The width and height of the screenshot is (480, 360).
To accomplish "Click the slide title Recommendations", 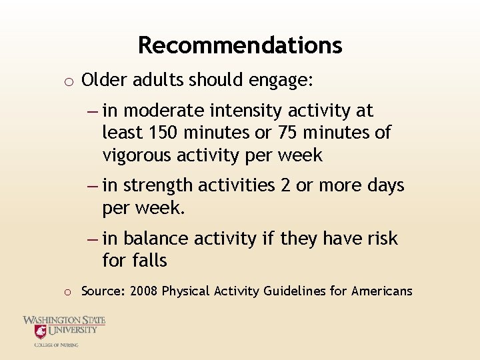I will click(240, 45).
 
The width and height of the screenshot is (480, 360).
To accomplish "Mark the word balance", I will click(156, 238).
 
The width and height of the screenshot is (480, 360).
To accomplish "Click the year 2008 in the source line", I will click(144, 291).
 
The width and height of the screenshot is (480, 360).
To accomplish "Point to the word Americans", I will click(381, 291).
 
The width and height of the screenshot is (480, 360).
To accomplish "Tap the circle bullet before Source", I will click(68, 292).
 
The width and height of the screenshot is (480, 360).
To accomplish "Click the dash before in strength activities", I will click(93, 185).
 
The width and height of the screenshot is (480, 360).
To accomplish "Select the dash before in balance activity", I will click(93, 239).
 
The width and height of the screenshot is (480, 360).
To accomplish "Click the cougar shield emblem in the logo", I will click(41, 332).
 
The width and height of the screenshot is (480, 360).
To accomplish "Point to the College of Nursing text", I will click(57, 345).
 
